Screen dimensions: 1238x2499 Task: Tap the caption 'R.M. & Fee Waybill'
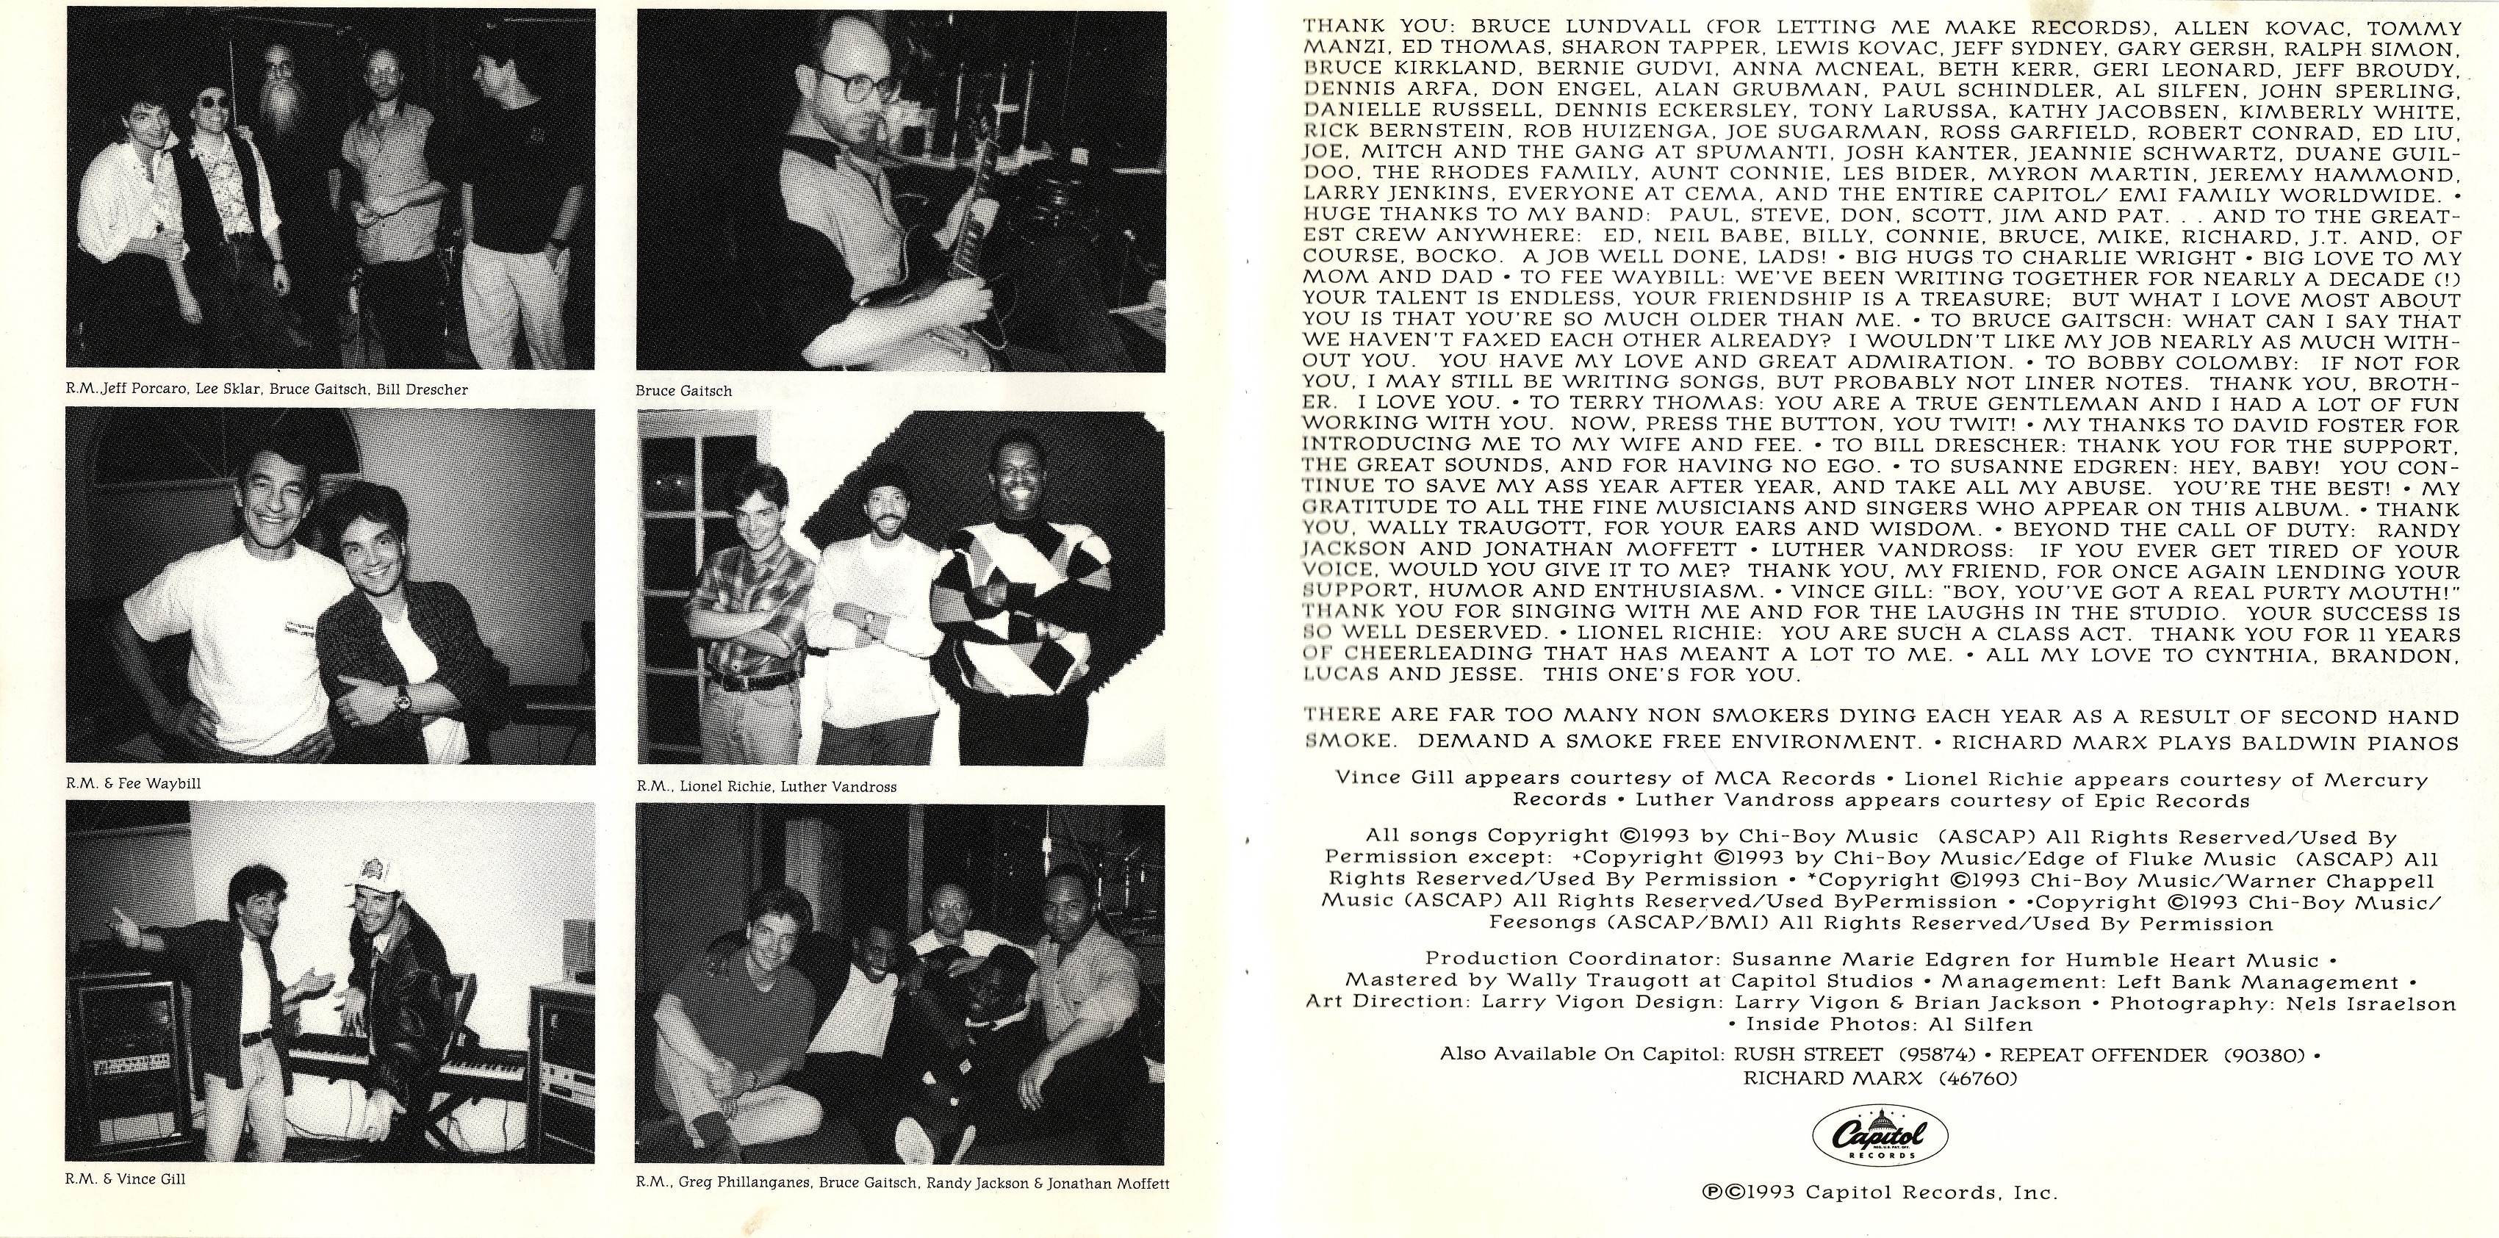click(x=134, y=783)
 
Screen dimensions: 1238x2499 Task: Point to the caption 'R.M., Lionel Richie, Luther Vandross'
click(x=766, y=787)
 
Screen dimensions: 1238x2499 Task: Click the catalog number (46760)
click(x=1969, y=1078)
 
